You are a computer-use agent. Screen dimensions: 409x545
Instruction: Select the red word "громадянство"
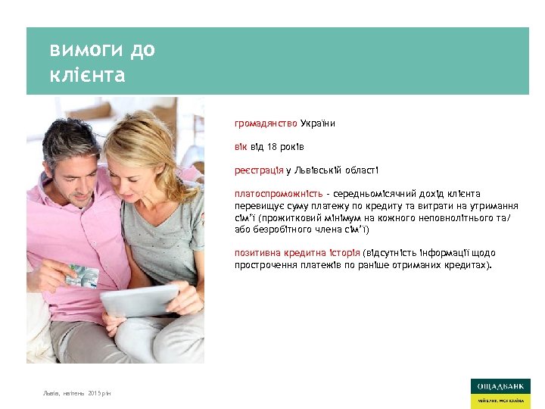click(266, 123)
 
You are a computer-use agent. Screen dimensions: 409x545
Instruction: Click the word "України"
click(318, 123)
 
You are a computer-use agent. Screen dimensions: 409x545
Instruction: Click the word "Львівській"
click(315, 170)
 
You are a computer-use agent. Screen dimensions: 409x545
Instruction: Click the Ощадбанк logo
click(500, 392)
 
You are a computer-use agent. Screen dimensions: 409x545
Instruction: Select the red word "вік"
click(240, 146)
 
